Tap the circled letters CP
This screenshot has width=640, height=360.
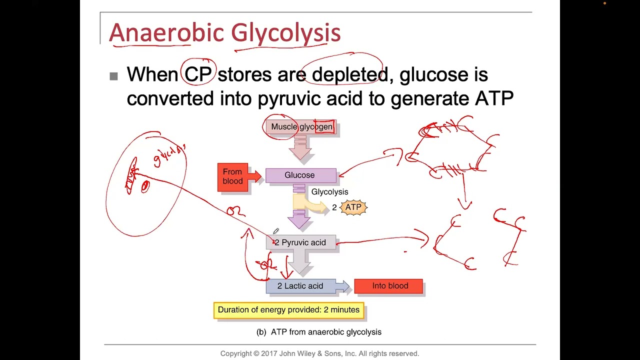click(198, 75)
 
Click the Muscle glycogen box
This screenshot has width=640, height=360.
click(301, 127)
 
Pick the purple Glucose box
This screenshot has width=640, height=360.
click(300, 175)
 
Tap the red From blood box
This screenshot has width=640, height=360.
click(233, 176)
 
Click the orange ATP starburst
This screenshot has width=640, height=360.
click(353, 207)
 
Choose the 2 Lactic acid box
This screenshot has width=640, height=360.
click(300, 286)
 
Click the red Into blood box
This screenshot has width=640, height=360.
click(388, 286)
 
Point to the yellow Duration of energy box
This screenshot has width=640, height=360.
click(288, 310)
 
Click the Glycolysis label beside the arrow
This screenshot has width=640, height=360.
click(329, 192)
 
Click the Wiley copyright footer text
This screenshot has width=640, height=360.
click(319, 353)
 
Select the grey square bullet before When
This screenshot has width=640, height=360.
click(113, 76)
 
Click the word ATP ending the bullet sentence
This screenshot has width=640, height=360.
click(494, 98)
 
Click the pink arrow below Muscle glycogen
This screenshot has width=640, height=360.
click(300, 148)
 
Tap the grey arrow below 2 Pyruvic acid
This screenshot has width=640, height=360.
click(300, 263)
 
